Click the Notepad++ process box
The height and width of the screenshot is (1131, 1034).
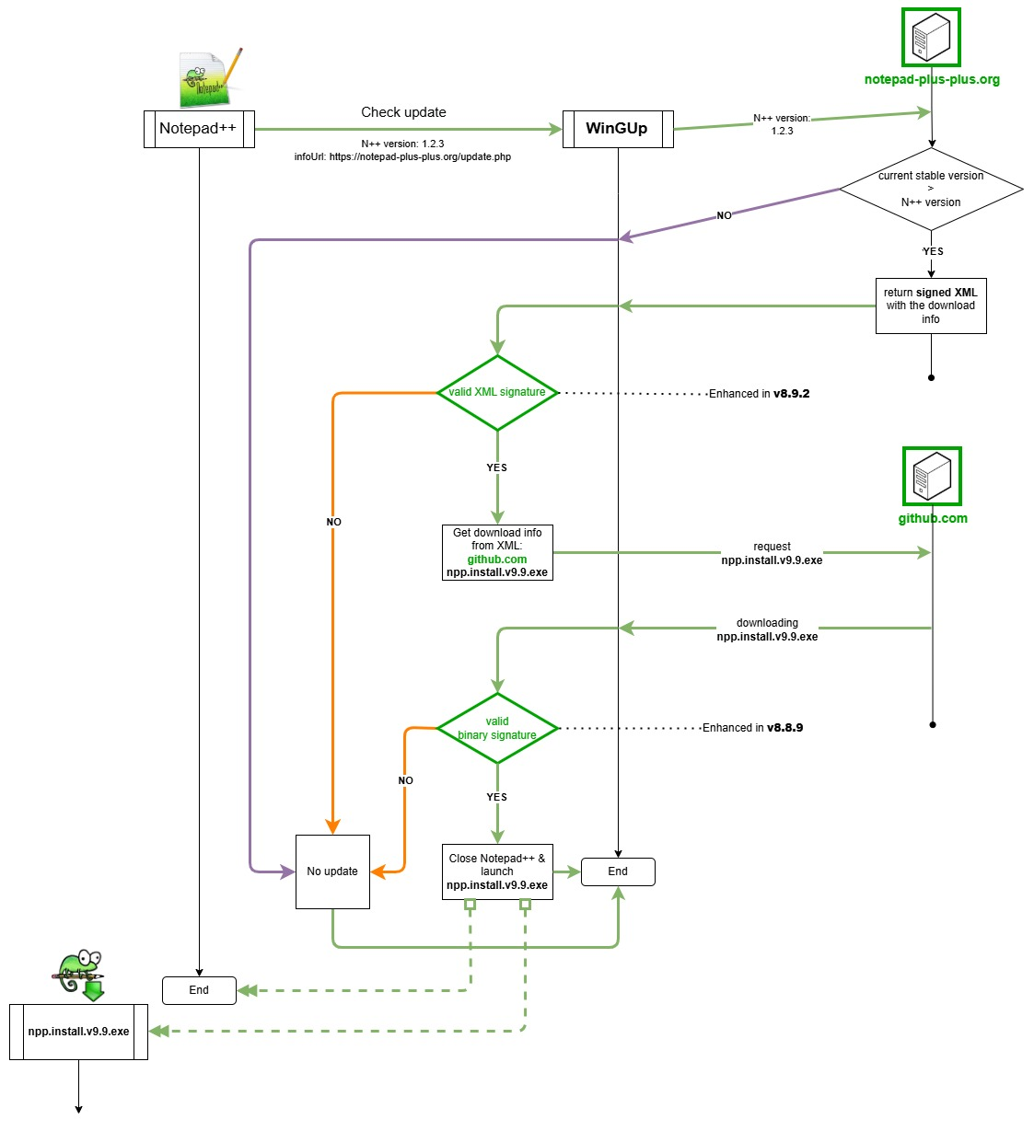click(199, 129)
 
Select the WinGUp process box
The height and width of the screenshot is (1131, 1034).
click(617, 129)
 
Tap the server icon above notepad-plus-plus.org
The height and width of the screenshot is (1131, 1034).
click(931, 38)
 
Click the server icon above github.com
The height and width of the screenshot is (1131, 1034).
click(932, 476)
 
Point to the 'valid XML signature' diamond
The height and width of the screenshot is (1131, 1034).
click(497, 393)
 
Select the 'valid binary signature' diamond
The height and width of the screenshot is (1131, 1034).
click(497, 729)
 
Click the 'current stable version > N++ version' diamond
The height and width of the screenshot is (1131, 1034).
click(931, 190)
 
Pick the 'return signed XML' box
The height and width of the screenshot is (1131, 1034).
click(931, 306)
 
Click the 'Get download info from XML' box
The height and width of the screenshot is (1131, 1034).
click(497, 552)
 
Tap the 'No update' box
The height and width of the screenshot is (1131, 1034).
click(332, 871)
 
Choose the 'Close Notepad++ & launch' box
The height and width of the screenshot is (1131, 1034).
click(497, 871)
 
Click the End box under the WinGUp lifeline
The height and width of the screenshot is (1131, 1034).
click(618, 871)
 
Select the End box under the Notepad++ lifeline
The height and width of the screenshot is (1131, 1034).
click(199, 990)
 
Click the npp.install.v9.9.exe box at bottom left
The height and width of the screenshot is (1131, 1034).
click(78, 1032)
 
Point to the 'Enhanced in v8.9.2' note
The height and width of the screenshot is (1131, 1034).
click(759, 394)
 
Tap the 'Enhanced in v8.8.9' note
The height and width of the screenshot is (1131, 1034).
click(752, 728)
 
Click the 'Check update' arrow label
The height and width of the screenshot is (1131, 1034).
click(403, 112)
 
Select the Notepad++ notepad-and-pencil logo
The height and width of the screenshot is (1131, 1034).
click(210, 79)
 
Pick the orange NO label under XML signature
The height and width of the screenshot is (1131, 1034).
click(333, 522)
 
